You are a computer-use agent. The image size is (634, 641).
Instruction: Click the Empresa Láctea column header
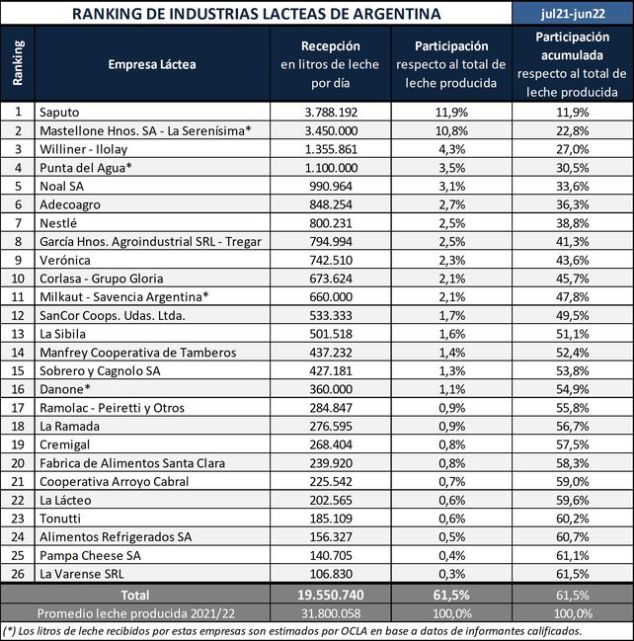tap(152, 64)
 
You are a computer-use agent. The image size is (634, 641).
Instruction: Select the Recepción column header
tap(331, 46)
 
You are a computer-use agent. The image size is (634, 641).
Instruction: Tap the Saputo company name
tap(59, 112)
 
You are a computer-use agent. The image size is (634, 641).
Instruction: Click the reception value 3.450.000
tap(331, 130)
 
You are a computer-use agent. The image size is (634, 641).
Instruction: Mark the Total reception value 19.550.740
tap(331, 596)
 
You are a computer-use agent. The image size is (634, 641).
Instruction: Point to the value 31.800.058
tap(331, 613)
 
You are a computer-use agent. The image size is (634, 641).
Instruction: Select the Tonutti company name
tap(62, 519)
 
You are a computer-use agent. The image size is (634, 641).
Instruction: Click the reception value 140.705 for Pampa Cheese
tap(331, 556)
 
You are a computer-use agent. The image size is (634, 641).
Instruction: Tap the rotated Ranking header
tap(17, 63)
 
